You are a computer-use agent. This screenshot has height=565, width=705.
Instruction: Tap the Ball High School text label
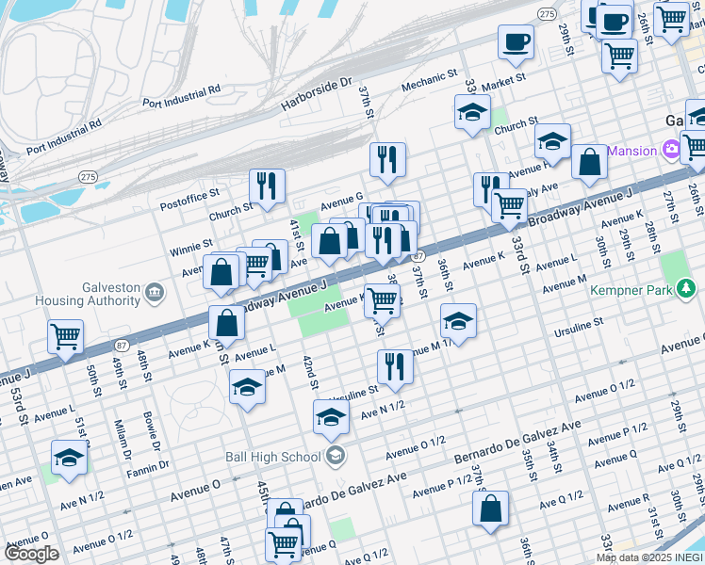272,458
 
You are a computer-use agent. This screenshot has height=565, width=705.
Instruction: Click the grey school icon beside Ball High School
334,457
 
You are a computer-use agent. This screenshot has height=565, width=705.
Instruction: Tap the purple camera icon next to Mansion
670,150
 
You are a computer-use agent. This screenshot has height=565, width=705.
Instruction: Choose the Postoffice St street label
189,191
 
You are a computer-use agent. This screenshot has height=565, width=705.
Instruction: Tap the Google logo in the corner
32,554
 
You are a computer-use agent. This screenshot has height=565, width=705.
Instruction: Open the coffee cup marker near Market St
516,42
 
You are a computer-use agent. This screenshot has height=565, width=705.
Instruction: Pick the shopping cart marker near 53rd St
66,336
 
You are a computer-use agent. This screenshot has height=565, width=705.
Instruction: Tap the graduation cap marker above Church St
473,111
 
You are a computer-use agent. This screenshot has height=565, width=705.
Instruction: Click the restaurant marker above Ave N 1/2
395,366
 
